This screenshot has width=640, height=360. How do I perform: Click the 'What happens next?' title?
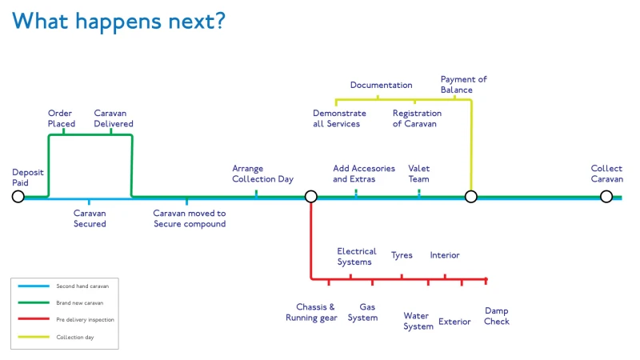pos(118,22)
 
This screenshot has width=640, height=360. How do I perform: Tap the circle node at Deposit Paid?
pos(18,197)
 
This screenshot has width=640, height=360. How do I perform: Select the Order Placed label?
pos(62,118)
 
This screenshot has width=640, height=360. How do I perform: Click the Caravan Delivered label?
pos(114,118)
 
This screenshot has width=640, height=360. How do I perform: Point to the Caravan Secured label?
pos(90,218)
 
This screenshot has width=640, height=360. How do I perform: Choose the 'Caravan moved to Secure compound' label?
pos(190,218)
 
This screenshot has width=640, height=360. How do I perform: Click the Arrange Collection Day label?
pos(263,174)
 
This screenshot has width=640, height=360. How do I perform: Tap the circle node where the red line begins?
pos(311,197)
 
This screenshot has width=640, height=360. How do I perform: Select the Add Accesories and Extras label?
pos(364,174)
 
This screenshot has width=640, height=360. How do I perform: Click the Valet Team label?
pos(418,174)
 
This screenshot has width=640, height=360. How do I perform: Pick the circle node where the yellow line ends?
pos(471,197)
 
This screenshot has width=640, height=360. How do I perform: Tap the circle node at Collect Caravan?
pos(606,197)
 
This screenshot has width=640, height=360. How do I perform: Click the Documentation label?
pos(382,85)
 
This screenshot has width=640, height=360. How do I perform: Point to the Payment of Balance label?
pos(464,85)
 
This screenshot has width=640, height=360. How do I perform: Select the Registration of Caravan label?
pos(417,118)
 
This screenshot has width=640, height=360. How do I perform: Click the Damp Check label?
pos(497,316)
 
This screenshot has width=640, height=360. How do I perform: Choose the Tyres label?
pos(402,255)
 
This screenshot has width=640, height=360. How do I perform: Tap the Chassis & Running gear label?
pos(311,312)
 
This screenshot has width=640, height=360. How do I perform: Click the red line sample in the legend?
pos(34,318)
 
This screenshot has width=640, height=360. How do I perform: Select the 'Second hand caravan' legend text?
pos(82,286)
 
